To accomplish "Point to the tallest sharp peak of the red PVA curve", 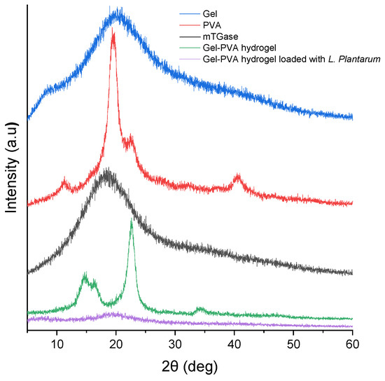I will (113, 34).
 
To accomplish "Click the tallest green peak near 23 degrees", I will (132, 222).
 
